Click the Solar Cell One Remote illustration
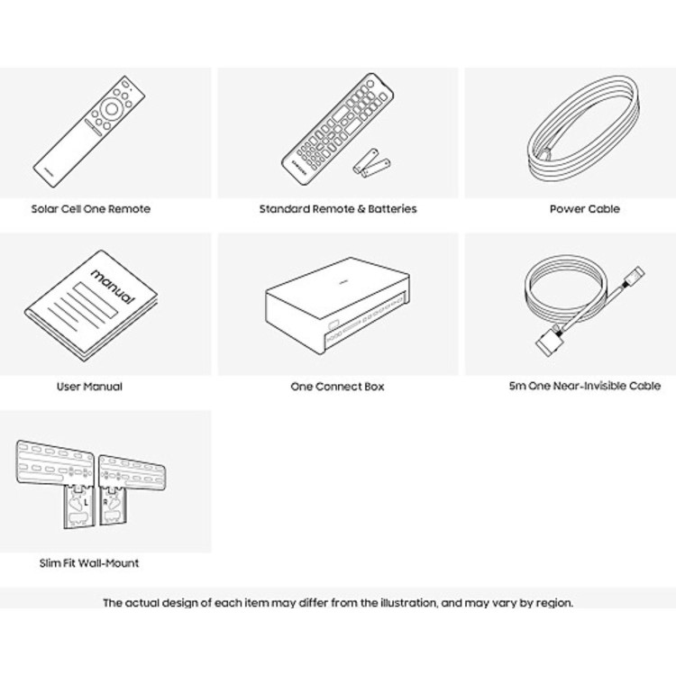(89, 132)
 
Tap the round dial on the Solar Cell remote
(111, 109)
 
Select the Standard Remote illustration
(337, 129)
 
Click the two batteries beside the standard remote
(371, 163)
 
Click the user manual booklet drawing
(91, 306)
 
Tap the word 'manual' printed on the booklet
(113, 288)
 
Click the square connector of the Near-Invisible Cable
(548, 343)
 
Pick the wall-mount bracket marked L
(56, 484)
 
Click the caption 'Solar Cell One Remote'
(91, 209)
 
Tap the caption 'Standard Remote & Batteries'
(338, 209)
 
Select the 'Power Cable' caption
(585, 209)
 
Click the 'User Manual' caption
(89, 387)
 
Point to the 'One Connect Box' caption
(337, 387)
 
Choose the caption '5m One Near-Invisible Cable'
(585, 386)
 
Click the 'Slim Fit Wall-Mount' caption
(89, 563)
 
